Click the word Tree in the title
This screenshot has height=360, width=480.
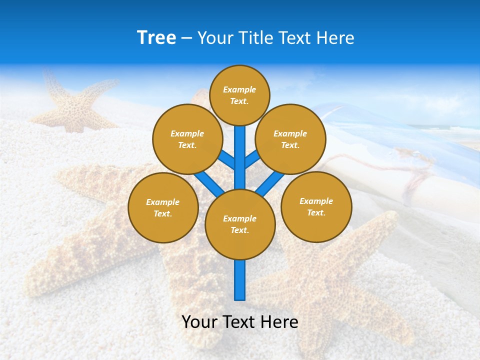point(156,37)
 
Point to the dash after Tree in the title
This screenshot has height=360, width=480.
point(186,38)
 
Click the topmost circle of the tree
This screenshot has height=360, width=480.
point(239,95)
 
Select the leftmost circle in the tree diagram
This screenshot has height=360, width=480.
point(163,207)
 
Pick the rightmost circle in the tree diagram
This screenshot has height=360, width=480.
point(316,206)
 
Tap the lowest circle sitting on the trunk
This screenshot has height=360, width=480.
point(240,224)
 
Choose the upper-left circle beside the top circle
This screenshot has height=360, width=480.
point(187,139)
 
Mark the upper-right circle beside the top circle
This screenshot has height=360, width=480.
point(290,139)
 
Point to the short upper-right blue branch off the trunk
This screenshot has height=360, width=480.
point(251,159)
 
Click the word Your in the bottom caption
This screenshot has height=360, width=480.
point(199,321)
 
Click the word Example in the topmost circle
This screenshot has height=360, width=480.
point(239,89)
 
